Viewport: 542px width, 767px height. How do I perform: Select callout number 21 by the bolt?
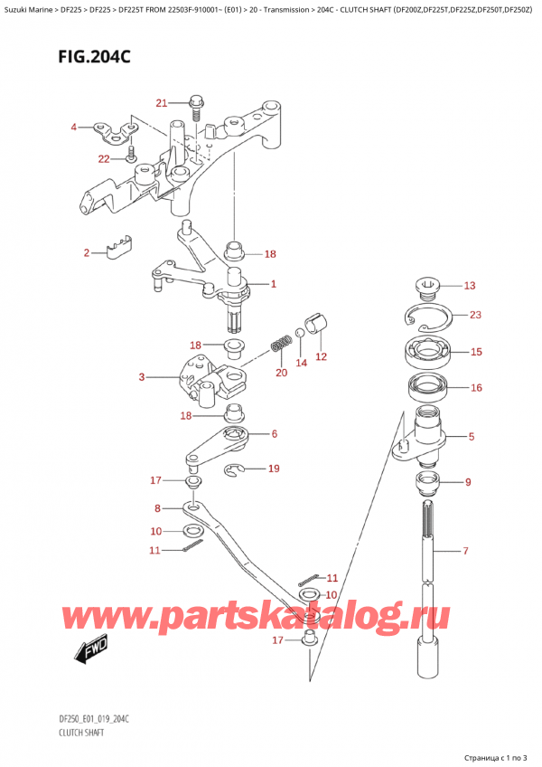point(162,102)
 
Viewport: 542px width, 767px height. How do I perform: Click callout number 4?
point(75,128)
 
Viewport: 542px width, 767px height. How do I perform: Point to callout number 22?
point(104,158)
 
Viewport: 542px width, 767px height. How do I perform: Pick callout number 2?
point(88,252)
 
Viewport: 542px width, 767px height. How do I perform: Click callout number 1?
point(273,284)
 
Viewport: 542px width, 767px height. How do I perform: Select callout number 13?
point(469,287)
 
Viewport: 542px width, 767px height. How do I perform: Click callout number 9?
point(468,482)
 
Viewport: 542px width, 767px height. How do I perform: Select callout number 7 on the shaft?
point(465,551)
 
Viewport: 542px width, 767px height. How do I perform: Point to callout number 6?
point(273,434)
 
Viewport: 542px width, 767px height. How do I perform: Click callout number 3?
point(141,376)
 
